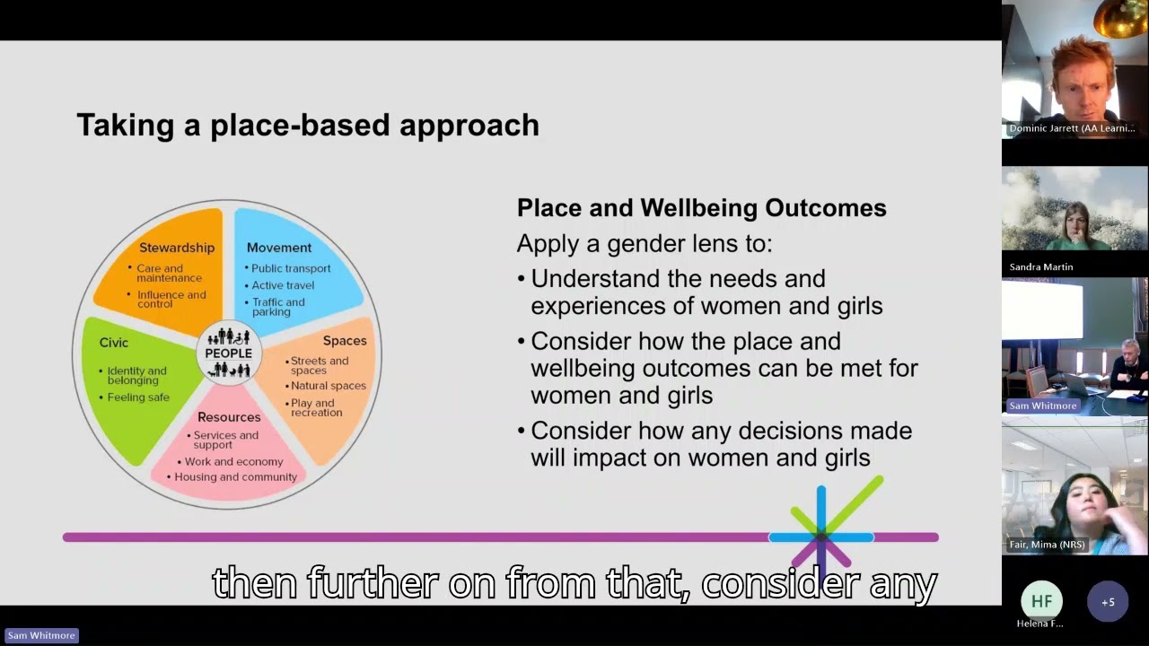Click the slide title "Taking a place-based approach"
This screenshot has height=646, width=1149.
coord(308,125)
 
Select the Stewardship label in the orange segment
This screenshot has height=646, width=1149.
coord(177,248)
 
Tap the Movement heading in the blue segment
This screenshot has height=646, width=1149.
coord(279,248)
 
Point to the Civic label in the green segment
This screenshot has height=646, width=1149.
coord(114,343)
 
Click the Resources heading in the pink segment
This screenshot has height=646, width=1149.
coord(229,417)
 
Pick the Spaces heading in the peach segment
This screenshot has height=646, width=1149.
coord(345,341)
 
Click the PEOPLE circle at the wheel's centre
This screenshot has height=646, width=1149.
coord(229,353)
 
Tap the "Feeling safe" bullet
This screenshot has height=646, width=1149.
coord(138,397)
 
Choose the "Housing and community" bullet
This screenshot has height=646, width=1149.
coord(235,477)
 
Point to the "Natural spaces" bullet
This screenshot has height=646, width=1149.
coord(328,386)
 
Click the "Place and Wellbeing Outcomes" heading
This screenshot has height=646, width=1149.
coord(701,208)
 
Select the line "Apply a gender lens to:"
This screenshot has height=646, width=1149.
coord(645,244)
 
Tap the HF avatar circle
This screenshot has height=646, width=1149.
coord(1041,602)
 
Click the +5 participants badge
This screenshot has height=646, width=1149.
coord(1108,602)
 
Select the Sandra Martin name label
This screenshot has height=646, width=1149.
coord(1041,266)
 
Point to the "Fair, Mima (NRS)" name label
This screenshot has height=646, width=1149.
coord(1047,545)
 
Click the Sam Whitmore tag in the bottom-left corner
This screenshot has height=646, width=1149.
coord(41,635)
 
